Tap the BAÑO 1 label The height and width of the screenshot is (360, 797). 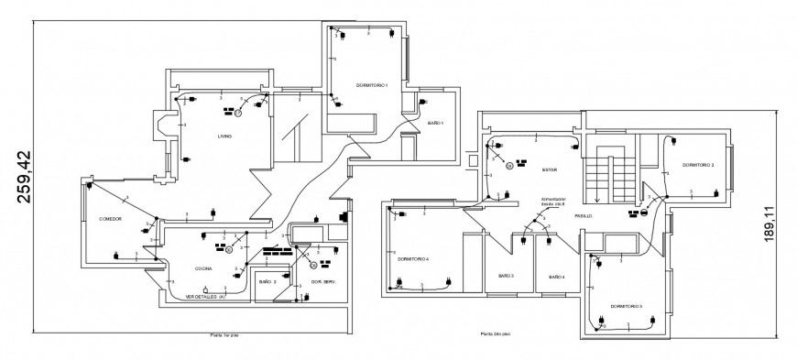click(x=435, y=123)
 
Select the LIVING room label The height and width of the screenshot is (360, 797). click(x=224, y=136)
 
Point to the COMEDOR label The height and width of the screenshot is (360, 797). click(x=111, y=219)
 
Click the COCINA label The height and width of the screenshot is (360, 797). click(x=203, y=268)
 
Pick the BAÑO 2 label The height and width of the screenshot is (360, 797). click(x=267, y=281)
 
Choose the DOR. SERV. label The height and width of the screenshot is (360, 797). click(x=323, y=281)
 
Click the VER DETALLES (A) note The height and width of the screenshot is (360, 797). click(x=205, y=297)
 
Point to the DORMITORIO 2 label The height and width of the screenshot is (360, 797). click(x=697, y=165)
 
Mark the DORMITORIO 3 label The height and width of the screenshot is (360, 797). click(x=626, y=306)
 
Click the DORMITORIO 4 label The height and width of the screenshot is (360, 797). click(x=413, y=258)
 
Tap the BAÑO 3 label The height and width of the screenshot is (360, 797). click(x=506, y=276)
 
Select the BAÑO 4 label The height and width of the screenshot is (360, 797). click(x=556, y=276)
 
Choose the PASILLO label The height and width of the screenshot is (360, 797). click(x=584, y=216)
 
